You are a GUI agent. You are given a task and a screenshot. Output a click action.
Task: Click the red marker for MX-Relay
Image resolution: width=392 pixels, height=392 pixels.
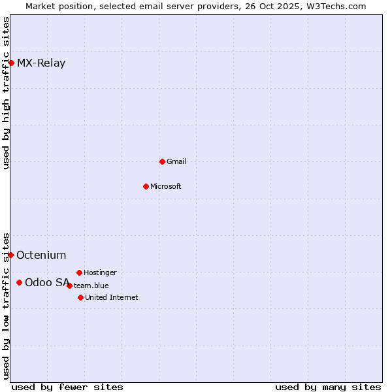click(11, 63)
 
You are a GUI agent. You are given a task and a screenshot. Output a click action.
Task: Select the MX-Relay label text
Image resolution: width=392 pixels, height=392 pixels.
click(41, 63)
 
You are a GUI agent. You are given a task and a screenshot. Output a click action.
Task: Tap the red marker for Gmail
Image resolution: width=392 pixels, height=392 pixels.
click(162, 161)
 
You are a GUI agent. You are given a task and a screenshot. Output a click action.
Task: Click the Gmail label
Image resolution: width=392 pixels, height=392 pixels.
click(176, 161)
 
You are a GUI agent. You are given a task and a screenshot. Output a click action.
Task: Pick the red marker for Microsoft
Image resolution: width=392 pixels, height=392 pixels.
click(146, 186)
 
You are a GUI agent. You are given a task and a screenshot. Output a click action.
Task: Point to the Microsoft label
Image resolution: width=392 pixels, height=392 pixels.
click(165, 186)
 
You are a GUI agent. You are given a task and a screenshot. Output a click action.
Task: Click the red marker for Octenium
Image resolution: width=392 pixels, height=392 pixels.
click(10, 255)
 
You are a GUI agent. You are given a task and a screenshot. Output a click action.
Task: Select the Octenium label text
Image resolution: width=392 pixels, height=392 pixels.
click(41, 255)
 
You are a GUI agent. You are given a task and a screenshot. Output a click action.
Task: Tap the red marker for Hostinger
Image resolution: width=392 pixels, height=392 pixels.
click(79, 272)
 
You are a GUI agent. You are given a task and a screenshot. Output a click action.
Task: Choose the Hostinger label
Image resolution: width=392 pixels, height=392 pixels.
click(100, 272)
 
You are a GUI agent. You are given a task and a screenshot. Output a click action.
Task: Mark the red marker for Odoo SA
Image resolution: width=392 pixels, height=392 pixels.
click(19, 282)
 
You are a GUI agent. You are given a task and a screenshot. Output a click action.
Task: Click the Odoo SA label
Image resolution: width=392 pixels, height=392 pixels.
click(47, 283)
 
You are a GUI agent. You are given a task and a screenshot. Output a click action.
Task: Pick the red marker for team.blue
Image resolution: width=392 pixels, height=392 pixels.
click(69, 286)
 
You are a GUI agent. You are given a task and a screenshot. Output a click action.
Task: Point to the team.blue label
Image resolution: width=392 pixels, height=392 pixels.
click(91, 286)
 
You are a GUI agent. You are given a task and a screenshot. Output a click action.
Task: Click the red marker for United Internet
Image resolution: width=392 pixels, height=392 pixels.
click(80, 297)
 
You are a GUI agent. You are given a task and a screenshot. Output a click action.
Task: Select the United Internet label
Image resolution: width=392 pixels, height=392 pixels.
click(111, 297)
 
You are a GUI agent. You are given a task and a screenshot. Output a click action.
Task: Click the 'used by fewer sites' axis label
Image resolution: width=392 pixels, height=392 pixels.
click(67, 387)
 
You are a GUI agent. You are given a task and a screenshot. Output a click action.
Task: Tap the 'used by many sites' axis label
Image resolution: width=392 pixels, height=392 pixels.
click(328, 387)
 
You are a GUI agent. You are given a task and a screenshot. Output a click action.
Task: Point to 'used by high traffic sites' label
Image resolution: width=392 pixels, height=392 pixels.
click(6, 93)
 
